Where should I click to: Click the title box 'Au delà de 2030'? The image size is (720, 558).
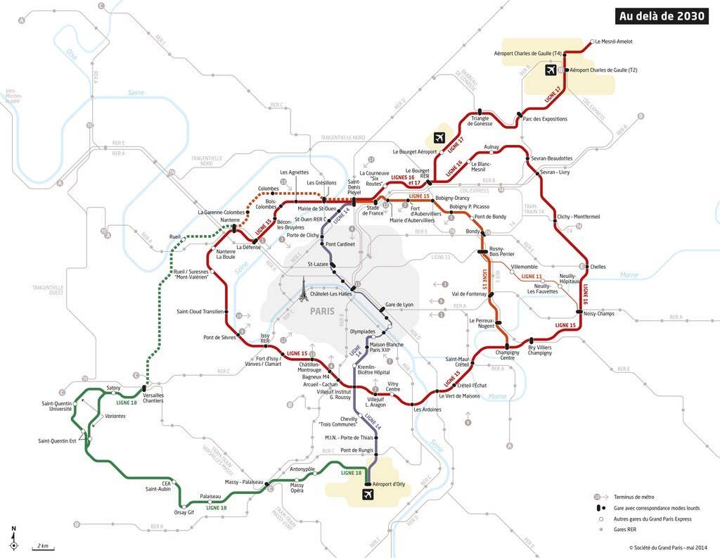(x=662, y=16)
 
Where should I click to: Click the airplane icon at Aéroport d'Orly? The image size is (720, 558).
(x=367, y=495)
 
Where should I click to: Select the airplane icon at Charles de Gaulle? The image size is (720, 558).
(x=551, y=70)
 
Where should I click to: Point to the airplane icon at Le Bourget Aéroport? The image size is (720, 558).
(x=440, y=137)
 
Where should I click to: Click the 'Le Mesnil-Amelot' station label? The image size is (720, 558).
(x=614, y=42)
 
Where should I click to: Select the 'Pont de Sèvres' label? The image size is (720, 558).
(x=218, y=338)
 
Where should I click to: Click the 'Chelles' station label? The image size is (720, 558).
(x=598, y=267)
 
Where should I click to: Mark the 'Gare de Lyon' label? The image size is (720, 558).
(x=399, y=305)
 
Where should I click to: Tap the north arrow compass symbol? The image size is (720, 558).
(x=13, y=540)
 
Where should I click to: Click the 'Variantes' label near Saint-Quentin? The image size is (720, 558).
(x=115, y=416)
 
